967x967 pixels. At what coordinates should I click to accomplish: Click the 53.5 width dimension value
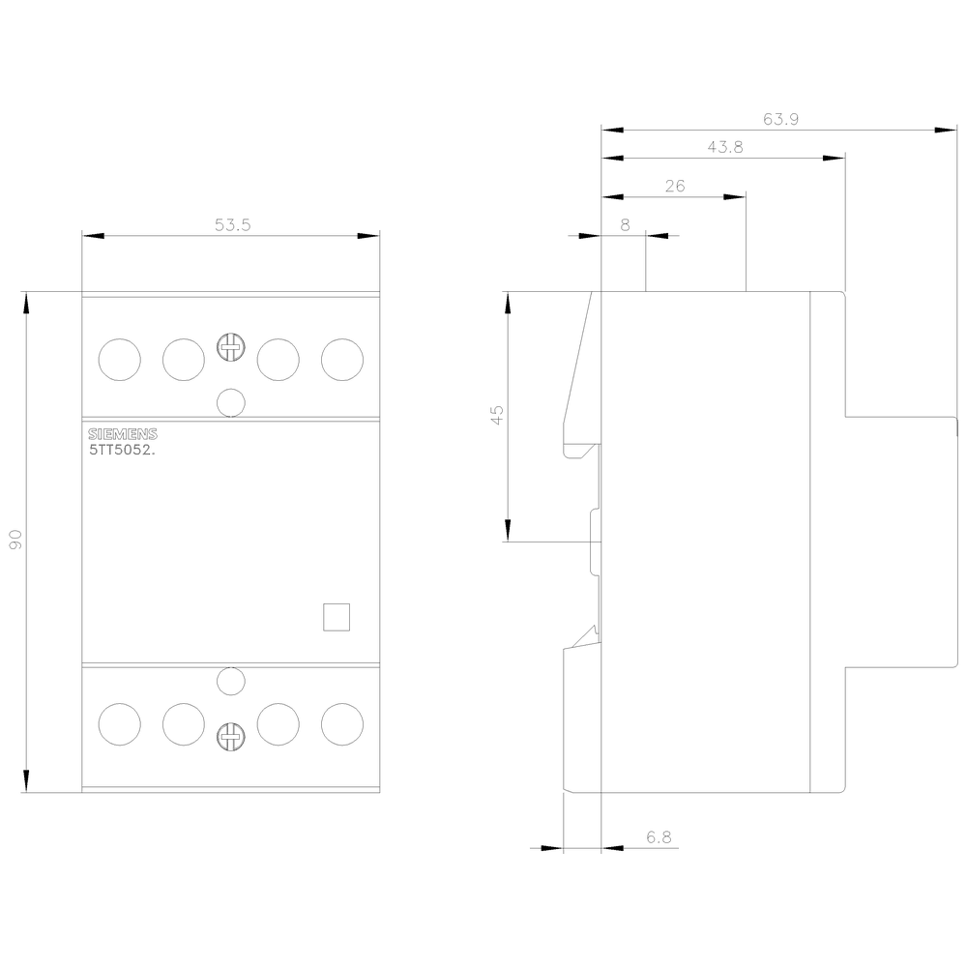click(x=232, y=225)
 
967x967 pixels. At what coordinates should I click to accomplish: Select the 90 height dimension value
click(x=15, y=542)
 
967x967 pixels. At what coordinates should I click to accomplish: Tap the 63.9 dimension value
click(x=780, y=119)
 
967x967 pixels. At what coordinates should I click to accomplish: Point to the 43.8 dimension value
click(x=724, y=147)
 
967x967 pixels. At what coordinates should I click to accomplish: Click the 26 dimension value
click(x=675, y=186)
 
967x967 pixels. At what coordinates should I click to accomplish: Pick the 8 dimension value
click(x=625, y=224)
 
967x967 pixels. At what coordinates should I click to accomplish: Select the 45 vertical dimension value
click(x=497, y=416)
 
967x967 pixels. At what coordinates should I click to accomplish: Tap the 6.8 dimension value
click(x=659, y=838)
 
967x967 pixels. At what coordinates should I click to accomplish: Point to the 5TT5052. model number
click(x=123, y=450)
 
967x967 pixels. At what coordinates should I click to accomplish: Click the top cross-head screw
click(x=230, y=348)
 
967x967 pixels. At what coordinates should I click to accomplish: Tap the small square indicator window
click(x=335, y=618)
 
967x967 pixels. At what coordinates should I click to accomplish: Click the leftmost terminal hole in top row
click(x=120, y=360)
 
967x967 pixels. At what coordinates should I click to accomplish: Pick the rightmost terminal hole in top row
click(x=341, y=360)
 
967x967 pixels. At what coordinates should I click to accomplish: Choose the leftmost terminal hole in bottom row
click(x=120, y=723)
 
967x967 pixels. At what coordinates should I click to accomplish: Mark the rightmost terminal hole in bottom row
click(x=341, y=723)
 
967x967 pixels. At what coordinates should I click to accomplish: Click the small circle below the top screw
click(x=230, y=401)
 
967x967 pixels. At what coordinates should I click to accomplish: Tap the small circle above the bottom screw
click(x=230, y=682)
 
